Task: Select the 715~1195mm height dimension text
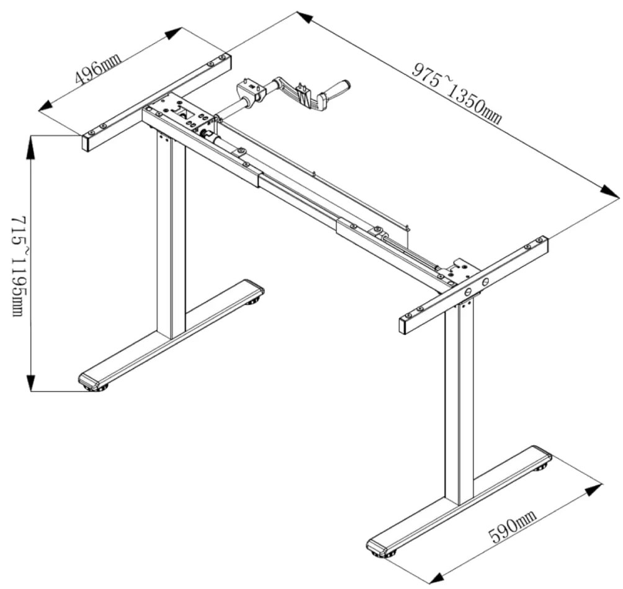point(17,266)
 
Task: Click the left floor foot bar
point(171,335)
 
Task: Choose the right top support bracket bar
point(473,285)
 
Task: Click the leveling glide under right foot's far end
point(544,466)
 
